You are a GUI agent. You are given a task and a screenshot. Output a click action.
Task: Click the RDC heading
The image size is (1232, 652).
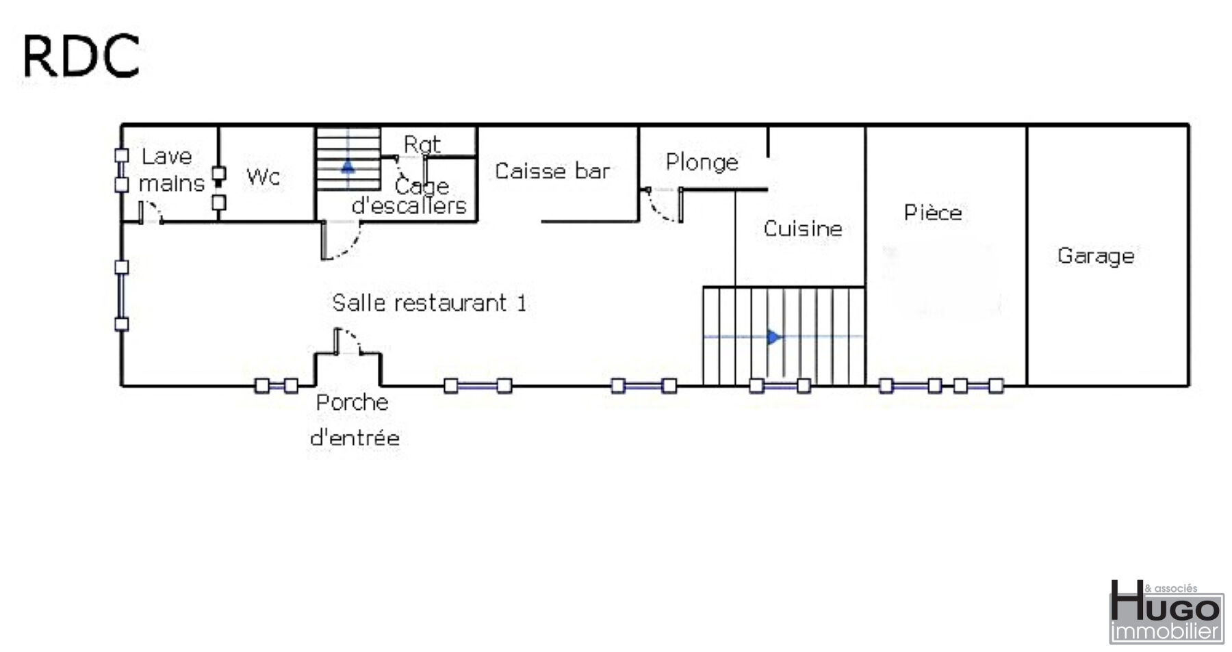81,55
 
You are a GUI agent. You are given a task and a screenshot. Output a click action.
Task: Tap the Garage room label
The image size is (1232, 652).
1096,256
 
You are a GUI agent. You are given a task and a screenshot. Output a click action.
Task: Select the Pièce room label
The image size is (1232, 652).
933,212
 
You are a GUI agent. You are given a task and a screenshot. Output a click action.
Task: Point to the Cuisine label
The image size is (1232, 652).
803,229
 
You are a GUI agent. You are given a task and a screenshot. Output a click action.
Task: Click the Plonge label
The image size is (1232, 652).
702,163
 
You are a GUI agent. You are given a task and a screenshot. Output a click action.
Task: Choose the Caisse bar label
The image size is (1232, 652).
552,171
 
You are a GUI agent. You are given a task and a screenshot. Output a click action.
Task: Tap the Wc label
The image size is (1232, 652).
264,177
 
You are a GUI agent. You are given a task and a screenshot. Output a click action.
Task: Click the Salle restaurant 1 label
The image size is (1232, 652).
430,302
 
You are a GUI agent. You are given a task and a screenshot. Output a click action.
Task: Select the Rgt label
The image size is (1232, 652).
422,144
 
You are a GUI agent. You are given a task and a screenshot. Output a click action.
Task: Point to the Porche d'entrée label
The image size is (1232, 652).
355,420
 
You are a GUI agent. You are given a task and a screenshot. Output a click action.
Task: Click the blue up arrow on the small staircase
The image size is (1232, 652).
348,166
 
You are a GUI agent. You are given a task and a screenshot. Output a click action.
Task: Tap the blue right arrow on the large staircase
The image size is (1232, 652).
773,337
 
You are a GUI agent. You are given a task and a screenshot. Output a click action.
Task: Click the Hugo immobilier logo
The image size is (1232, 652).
1166,613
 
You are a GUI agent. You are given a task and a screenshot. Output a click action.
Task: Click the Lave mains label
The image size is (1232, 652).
171,170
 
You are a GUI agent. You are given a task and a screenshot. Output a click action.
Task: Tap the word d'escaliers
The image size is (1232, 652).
409,205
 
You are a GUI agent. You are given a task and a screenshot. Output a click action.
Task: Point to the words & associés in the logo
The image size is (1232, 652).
1171,588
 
